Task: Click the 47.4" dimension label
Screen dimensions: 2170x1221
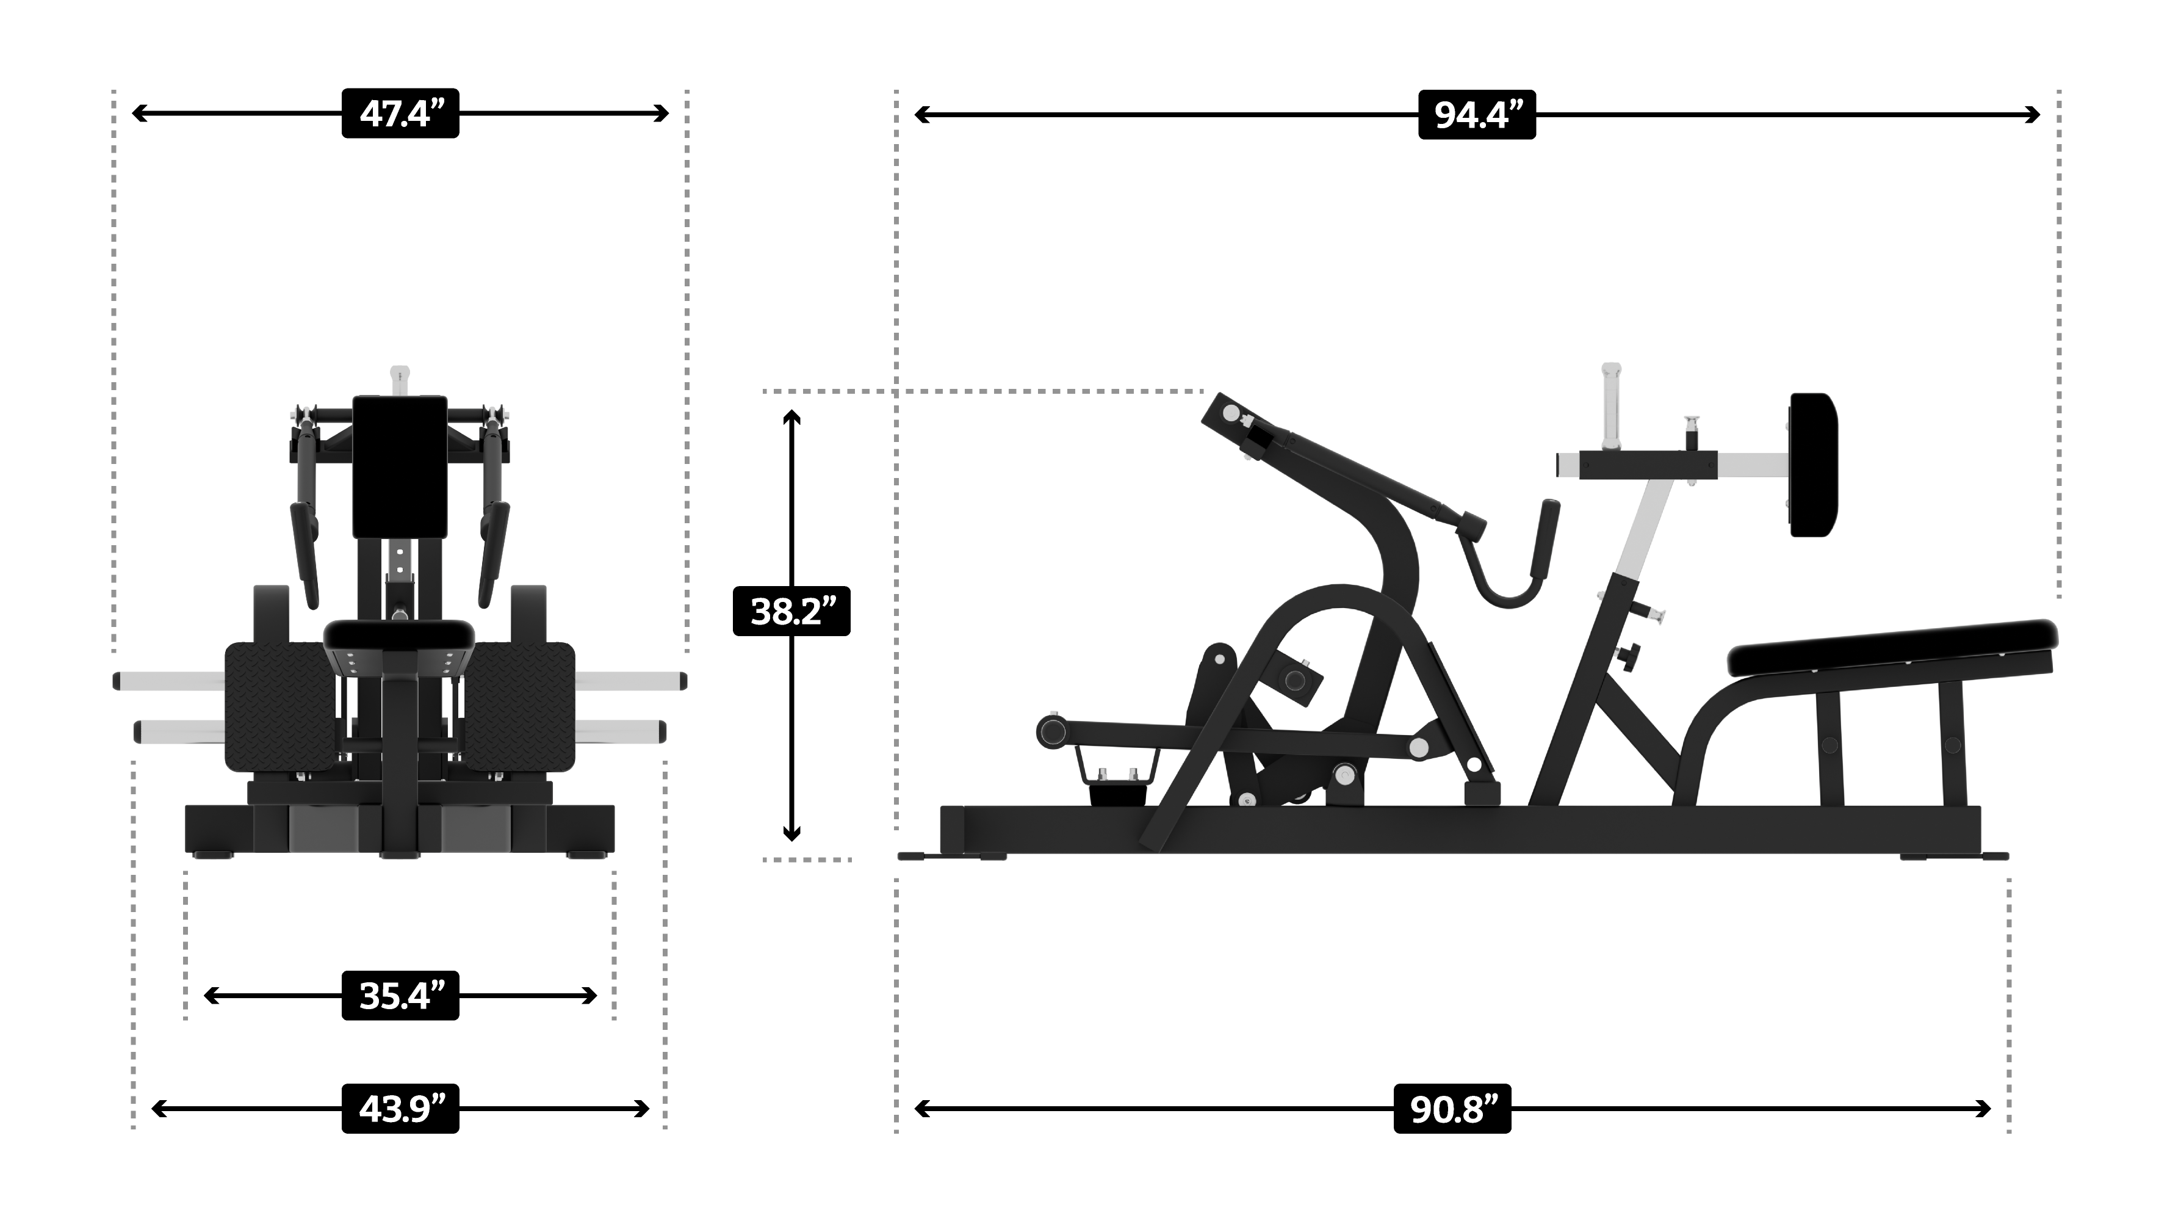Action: coord(400,113)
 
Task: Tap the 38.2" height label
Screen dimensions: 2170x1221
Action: coord(792,611)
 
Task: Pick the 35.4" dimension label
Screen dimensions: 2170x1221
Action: coord(400,996)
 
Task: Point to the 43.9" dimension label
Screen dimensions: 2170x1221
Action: coord(400,1109)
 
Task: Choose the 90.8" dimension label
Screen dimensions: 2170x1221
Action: coord(1452,1109)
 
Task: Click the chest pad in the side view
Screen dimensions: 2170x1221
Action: coord(1813,465)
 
